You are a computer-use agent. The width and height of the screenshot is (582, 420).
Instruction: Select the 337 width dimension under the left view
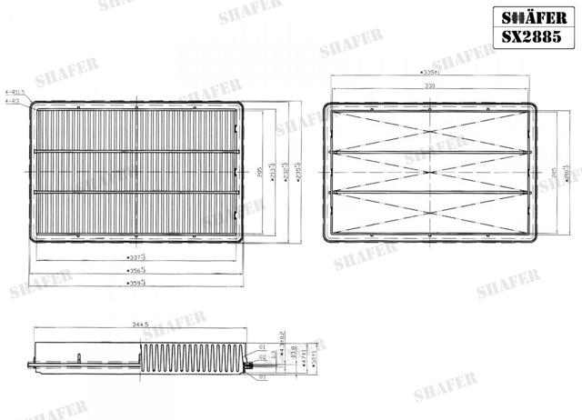pos(138,258)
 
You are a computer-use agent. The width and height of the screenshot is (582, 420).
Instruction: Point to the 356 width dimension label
pos(138,270)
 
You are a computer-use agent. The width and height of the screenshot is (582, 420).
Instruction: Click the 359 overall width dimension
pos(138,283)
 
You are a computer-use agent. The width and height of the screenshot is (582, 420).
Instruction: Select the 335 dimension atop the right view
pos(429,72)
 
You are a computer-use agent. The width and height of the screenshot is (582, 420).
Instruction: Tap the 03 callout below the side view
pos(262,375)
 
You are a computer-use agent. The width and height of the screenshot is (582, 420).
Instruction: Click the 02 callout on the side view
pos(262,358)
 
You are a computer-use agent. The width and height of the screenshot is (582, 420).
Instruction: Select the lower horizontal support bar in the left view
pos(138,192)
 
